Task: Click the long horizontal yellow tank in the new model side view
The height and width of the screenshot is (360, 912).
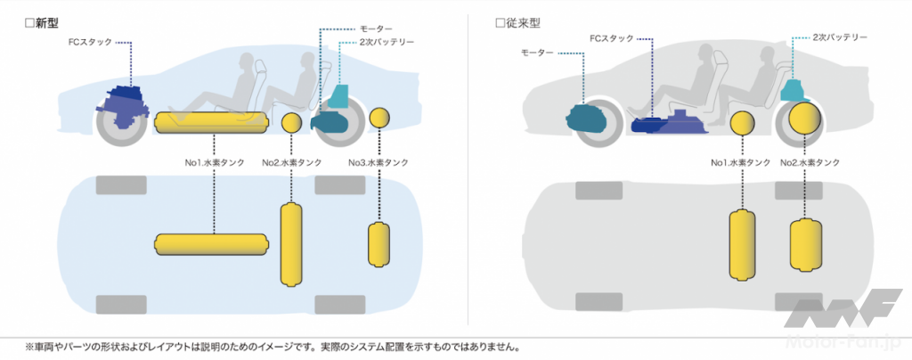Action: click(212, 123)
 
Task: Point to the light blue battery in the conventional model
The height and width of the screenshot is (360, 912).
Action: click(793, 88)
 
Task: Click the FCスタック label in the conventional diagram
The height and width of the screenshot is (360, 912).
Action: click(611, 38)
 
